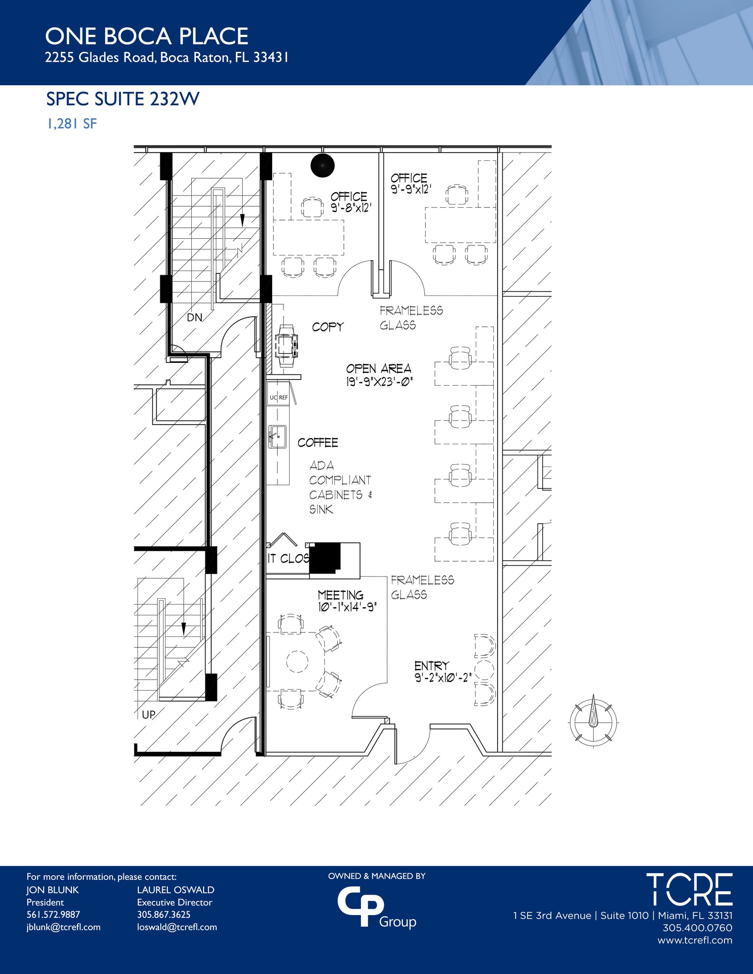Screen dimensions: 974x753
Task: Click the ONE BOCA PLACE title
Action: [x=147, y=37]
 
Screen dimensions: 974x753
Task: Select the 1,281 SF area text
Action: [x=71, y=124]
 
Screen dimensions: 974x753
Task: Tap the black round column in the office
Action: [x=323, y=166]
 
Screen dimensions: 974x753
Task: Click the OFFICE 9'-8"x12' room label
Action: [x=350, y=202]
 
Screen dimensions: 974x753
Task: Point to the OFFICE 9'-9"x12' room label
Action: [x=411, y=184]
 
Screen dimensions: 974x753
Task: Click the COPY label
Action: [x=327, y=327]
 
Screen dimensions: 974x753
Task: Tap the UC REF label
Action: [x=279, y=398]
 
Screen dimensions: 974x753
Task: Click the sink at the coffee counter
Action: [x=277, y=437]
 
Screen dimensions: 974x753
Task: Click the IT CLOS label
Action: [x=288, y=558]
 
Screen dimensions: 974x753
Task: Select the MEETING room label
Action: [x=341, y=595]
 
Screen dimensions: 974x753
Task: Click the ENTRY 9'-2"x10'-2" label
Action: [x=442, y=672]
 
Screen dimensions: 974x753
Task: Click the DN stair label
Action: [x=194, y=317]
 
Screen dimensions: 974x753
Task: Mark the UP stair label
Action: [x=148, y=714]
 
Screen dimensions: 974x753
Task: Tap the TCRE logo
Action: [x=689, y=890]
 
